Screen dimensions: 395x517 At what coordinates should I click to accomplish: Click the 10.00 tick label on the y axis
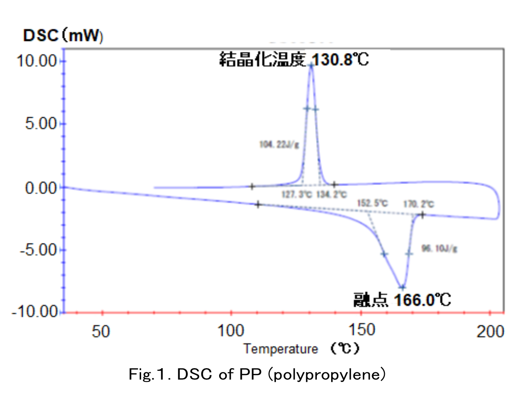click(37, 61)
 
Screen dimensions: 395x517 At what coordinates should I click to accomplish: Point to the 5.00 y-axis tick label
click(41, 124)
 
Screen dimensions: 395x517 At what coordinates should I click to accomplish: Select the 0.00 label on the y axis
click(41, 188)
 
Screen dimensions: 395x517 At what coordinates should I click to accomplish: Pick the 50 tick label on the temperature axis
click(101, 331)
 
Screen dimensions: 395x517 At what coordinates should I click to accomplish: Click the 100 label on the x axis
click(231, 331)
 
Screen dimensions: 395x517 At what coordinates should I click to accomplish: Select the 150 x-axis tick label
click(361, 330)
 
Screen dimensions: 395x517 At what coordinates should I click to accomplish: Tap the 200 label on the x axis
click(490, 331)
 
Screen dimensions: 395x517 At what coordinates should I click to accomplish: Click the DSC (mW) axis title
click(63, 36)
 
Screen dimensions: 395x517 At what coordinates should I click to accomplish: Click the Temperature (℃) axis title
click(301, 348)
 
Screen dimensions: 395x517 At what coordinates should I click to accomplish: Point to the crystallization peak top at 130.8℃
click(311, 66)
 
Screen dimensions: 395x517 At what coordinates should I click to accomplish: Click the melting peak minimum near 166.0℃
click(402, 288)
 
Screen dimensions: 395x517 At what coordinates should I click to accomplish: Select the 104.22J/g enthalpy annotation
click(279, 144)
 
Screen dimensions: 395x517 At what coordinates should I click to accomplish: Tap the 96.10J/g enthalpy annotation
click(439, 248)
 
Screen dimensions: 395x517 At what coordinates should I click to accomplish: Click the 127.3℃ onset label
click(297, 194)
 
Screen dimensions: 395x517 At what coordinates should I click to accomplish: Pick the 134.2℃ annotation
click(331, 194)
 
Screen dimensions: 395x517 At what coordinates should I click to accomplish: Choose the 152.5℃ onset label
click(372, 203)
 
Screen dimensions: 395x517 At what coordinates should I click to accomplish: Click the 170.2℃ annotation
click(419, 204)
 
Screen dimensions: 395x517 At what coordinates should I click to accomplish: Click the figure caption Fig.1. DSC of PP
click(257, 374)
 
